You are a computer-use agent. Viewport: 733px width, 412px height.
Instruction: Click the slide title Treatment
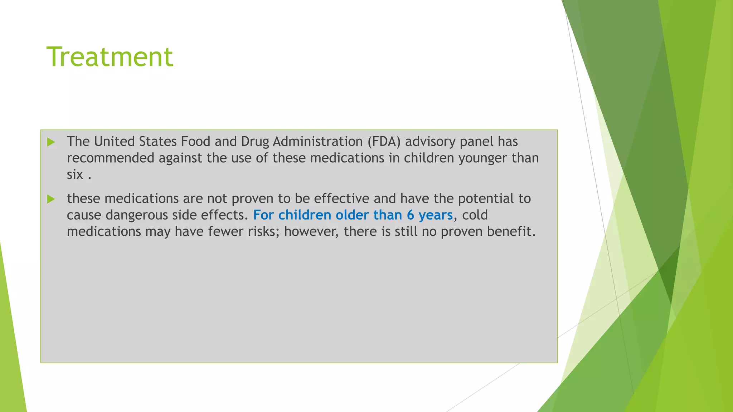tap(110, 57)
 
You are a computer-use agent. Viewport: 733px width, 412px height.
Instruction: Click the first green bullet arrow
tap(51, 142)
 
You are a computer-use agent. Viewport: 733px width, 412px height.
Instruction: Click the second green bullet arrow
tap(51, 199)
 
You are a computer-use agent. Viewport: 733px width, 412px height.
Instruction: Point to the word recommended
tap(111, 158)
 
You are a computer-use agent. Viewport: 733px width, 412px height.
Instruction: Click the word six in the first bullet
tap(75, 175)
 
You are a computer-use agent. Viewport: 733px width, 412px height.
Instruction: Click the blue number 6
tap(410, 215)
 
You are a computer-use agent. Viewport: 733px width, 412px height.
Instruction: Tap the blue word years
tap(436, 215)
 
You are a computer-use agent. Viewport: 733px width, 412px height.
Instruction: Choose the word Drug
tap(255, 142)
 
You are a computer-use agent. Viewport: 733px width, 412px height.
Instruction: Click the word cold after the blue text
tap(475, 215)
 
